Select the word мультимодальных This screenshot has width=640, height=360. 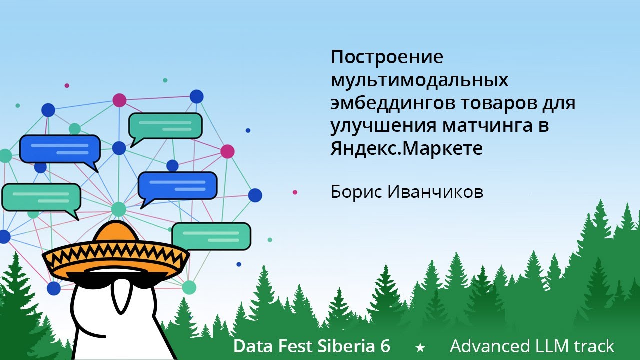coord(419,80)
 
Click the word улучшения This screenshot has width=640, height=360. coord(383,126)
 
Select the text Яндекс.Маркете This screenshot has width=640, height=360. coord(406,149)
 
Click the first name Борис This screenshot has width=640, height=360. coord(356,192)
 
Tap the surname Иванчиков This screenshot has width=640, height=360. coord(435,192)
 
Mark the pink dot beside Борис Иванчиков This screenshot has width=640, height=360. coord(295,192)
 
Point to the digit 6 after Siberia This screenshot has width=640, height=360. coord(385,346)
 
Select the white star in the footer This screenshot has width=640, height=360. coord(420,347)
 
